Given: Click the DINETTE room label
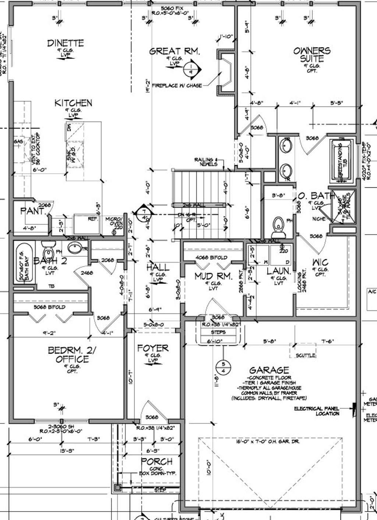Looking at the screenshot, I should click(66, 43).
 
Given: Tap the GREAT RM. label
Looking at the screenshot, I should click(175, 52).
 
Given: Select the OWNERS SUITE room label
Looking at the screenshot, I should click(312, 55).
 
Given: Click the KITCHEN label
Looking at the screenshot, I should click(73, 103).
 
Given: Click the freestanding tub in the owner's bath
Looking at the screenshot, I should click(342, 160).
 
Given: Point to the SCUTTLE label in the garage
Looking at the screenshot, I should click(306, 355).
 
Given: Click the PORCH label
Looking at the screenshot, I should click(156, 461).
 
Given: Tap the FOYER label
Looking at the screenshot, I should click(152, 348).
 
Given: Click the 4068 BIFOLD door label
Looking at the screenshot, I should click(211, 257).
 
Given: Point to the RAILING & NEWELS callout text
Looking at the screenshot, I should click(206, 162).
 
